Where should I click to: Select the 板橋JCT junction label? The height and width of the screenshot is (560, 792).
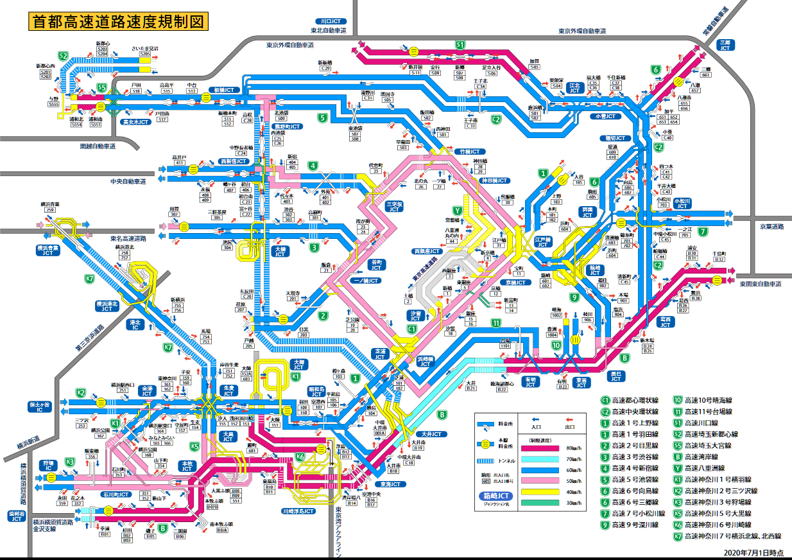227,91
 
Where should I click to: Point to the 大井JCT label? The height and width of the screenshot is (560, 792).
436,435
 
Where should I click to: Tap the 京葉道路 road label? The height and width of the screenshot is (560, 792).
763,227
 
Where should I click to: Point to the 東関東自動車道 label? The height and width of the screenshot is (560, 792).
760,283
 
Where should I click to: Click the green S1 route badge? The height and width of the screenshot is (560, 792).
460,45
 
